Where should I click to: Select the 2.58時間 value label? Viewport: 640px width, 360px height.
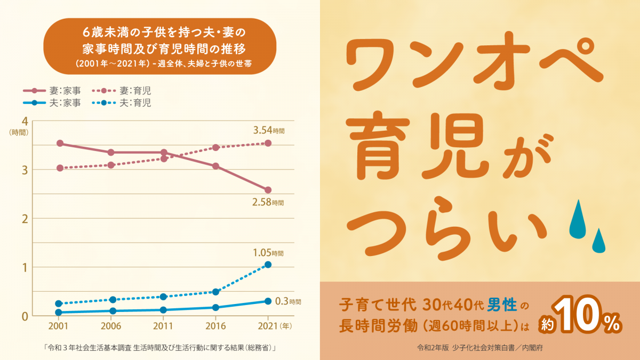(x=268, y=202)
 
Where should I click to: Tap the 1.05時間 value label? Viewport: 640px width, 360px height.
(x=268, y=253)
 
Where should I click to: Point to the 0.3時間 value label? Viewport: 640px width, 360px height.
(x=288, y=301)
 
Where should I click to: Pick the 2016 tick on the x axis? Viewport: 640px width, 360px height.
(x=215, y=325)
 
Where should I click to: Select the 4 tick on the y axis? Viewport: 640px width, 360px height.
(x=24, y=121)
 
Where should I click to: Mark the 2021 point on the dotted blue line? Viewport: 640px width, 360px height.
(x=268, y=265)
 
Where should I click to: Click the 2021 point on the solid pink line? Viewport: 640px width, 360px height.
(x=268, y=190)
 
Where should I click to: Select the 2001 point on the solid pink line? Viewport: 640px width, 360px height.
(x=60, y=143)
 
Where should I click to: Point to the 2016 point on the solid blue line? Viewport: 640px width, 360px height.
(x=215, y=307)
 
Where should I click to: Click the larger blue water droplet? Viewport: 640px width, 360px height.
(x=578, y=220)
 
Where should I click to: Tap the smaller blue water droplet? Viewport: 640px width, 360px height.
(x=598, y=241)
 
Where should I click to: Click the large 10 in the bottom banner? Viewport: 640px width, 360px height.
(x=587, y=319)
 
